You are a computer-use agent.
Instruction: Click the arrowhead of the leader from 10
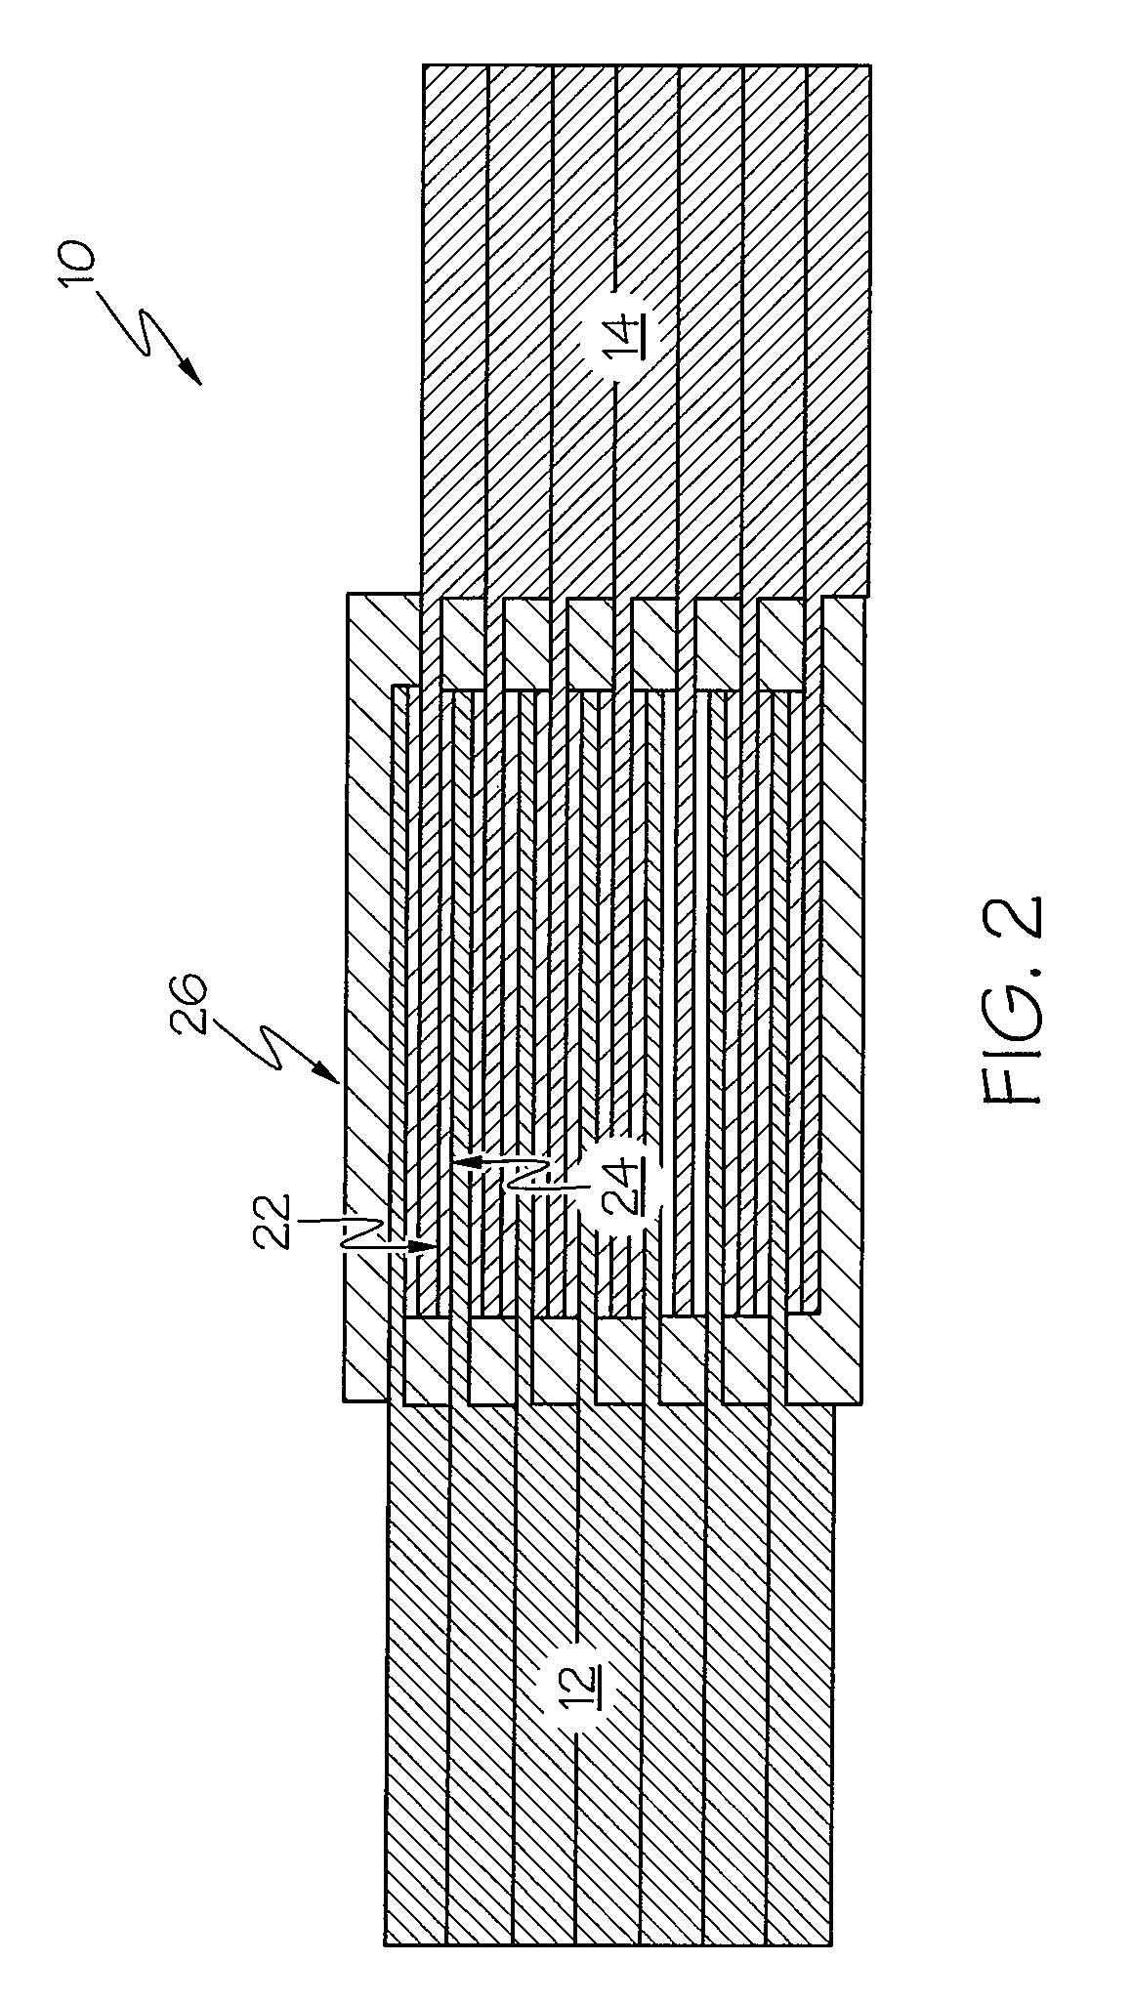click(192, 377)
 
